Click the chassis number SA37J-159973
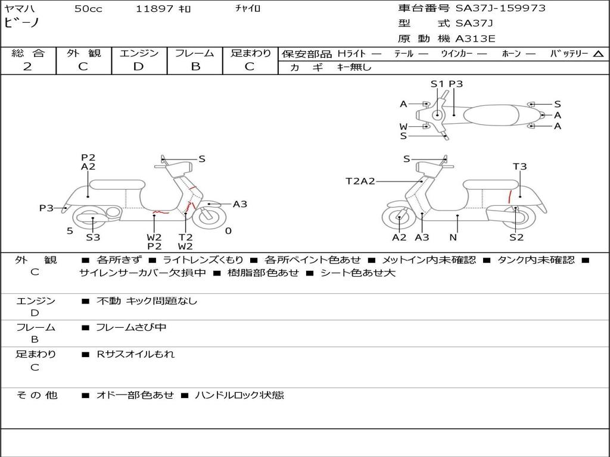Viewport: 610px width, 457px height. [x=500, y=8]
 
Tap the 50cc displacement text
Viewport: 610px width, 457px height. [x=88, y=8]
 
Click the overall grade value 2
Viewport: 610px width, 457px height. [x=27, y=67]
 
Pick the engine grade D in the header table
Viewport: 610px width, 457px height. [x=138, y=67]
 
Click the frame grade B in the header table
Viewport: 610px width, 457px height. [x=195, y=67]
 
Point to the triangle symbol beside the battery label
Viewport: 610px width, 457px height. [x=598, y=54]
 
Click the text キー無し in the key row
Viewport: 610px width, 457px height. [x=354, y=67]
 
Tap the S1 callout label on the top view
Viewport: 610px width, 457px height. [x=437, y=83]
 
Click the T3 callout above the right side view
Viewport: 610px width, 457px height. [x=519, y=167]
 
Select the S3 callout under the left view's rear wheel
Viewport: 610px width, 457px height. [x=93, y=237]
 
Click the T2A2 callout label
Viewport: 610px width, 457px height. [x=360, y=181]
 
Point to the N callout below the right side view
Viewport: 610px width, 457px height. [x=453, y=237]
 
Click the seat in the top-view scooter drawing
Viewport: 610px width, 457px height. [x=491, y=115]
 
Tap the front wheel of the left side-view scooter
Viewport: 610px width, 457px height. [x=209, y=217]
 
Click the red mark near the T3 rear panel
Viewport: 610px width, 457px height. [x=509, y=197]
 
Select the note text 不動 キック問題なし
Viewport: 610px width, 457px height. [x=147, y=301]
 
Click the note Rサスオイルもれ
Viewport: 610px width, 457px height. [x=135, y=354]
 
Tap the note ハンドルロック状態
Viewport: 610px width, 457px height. [x=239, y=395]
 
